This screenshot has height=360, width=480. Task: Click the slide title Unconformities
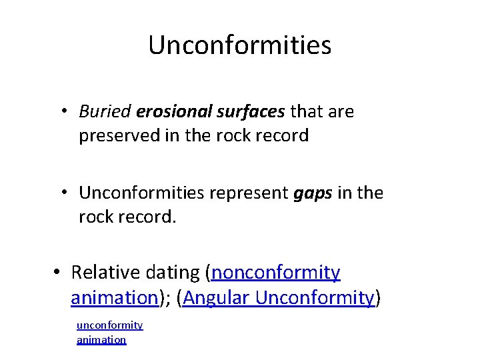coord(239,45)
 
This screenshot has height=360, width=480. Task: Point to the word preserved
coord(117,136)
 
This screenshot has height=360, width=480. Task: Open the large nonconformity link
coord(276,273)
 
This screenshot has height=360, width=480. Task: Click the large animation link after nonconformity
coord(113,297)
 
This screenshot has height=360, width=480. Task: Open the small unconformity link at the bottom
coord(109,325)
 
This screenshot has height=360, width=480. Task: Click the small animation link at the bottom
coord(101,340)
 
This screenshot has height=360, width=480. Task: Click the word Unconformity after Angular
coord(314,297)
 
